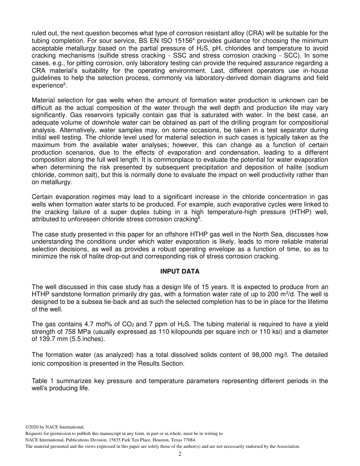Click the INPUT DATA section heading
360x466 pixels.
(180, 271)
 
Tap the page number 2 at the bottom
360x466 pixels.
(180, 454)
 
